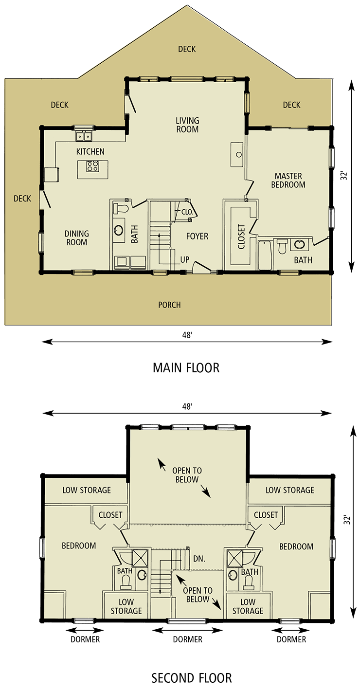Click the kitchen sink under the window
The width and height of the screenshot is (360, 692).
pos(84,136)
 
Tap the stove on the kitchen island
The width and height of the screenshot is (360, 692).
pos(92,166)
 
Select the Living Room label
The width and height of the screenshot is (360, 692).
pos(187,125)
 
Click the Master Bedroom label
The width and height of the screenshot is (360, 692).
pos(288,181)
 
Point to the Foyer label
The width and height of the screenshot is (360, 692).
pos(198,237)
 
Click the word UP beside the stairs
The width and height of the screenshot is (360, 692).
pos(185,260)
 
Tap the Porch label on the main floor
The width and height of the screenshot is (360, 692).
pos(169,305)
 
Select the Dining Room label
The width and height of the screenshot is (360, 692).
pos(76,238)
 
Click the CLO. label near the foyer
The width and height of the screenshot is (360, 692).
pos(187,212)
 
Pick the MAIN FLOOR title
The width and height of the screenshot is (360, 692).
pos(186,367)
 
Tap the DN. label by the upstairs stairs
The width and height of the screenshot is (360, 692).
pos(199,559)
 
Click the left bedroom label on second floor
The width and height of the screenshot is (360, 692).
pos(79,546)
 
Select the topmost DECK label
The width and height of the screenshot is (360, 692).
pos(187,49)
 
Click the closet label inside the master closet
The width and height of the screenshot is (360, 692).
pos(241,237)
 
